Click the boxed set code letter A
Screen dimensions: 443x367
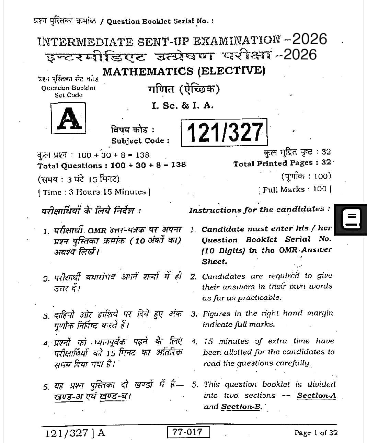[68, 118]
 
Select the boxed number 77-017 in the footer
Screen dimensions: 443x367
[188, 432]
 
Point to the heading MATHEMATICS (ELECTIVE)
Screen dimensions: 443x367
[184, 71]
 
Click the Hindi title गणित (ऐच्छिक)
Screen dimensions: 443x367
[184, 90]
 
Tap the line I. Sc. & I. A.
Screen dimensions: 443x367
[183, 106]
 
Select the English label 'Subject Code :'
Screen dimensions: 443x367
[140, 141]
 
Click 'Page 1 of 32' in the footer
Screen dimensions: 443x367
[316, 433]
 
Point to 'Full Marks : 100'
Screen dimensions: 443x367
[296, 189]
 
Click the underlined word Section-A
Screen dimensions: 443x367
[316, 396]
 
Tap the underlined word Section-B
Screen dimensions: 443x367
[241, 407]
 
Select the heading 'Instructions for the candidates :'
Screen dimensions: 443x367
[260, 209]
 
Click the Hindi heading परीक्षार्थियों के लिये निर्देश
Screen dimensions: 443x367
[91, 210]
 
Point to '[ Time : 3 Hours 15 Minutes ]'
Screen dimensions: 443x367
[94, 192]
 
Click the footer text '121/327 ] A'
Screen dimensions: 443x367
[75, 433]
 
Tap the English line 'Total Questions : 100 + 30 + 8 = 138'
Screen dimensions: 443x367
[112, 165]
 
